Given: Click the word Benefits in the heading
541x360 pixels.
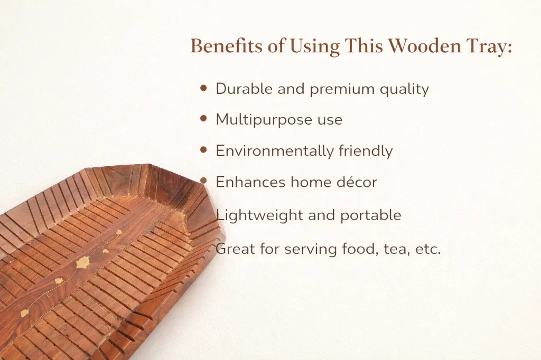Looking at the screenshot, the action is (226, 46).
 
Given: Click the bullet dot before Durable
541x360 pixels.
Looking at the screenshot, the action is (203, 88).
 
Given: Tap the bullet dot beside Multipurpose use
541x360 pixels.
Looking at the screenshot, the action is (203, 119).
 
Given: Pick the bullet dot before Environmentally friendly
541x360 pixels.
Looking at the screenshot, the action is (203, 150).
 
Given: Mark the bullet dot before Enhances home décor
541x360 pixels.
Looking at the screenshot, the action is (203, 181).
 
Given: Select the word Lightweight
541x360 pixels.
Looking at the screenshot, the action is (259, 216).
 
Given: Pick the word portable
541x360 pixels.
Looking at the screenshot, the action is (371, 216).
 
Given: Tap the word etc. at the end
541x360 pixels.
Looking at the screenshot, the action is (428, 249).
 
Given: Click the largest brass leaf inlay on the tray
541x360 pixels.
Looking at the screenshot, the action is (83, 263).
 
